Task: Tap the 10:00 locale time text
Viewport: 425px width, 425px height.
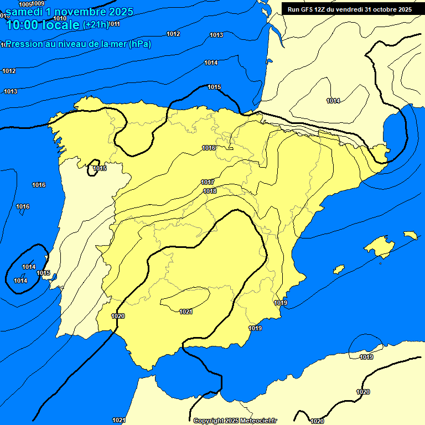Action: tap(42, 25)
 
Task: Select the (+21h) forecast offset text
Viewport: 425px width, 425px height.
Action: tap(96, 25)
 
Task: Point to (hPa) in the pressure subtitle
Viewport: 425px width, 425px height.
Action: tap(139, 44)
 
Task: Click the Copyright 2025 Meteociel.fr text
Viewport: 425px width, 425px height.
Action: tap(235, 421)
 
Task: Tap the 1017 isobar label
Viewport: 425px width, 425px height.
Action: tap(208, 183)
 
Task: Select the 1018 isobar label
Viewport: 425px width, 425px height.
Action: tap(210, 191)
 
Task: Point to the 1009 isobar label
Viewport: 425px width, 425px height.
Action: tap(38, 4)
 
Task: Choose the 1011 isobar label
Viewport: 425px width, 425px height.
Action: tap(114, 24)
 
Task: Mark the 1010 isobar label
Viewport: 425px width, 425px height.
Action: tap(60, 18)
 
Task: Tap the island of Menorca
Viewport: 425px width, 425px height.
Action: tap(410, 235)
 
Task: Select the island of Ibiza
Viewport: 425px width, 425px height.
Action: tap(339, 269)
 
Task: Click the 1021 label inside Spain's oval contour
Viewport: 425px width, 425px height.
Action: tap(186, 312)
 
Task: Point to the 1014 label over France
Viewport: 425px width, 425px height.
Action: tap(333, 101)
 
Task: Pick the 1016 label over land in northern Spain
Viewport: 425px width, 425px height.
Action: tap(209, 148)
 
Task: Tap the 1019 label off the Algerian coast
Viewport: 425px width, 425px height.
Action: tap(366, 357)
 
